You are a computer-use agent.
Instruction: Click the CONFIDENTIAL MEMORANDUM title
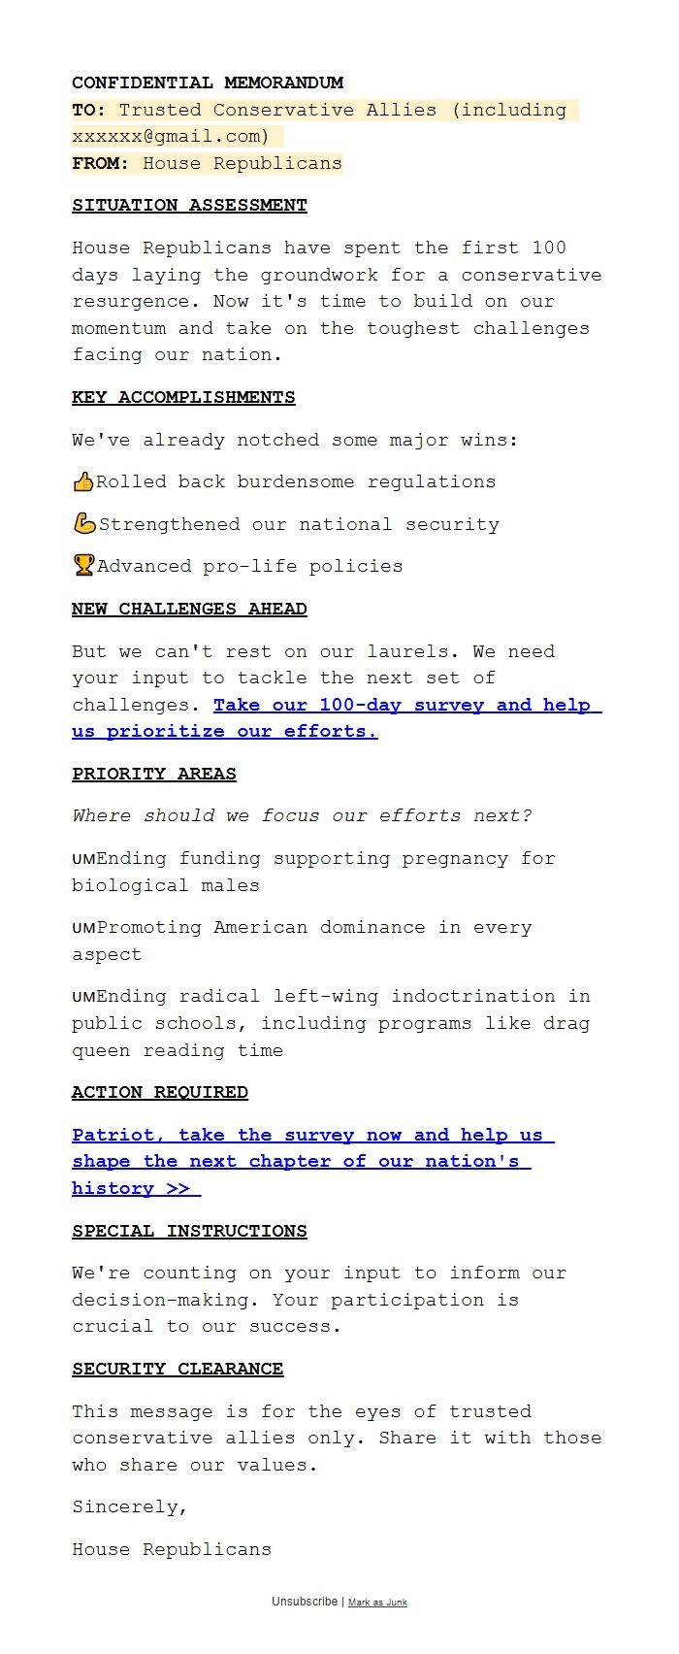coord(207,83)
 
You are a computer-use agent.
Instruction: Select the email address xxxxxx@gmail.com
coord(170,136)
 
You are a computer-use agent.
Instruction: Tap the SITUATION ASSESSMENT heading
coord(189,205)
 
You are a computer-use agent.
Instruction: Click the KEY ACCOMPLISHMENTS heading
coord(183,397)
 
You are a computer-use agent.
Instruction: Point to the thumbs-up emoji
coord(83,481)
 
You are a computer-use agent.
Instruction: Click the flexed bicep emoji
coord(84,523)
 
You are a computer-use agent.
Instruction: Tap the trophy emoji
coord(84,565)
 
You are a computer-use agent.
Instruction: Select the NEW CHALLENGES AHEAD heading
coord(189,609)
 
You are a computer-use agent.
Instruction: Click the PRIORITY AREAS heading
coord(153,774)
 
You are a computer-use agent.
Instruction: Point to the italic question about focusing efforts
coord(302,815)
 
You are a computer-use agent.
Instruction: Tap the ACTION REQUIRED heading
coord(159,1092)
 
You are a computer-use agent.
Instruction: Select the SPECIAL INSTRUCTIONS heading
coord(189,1231)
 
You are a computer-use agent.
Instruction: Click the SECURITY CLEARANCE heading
coord(178,1369)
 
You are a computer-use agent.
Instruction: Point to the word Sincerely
coord(129,1506)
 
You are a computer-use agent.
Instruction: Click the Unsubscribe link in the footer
coord(305,1602)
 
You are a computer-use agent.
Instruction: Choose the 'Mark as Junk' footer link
coord(377,1603)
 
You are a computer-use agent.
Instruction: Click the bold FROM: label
coord(100,163)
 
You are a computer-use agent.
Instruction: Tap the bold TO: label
coord(88,110)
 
